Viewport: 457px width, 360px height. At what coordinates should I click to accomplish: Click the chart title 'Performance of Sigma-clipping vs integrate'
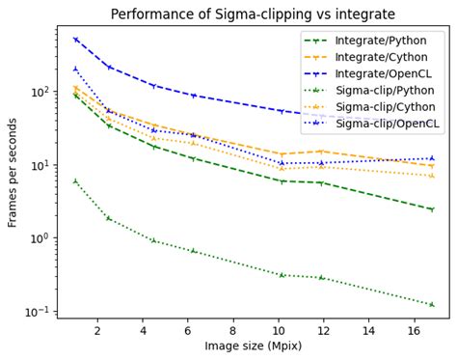(x=254, y=14)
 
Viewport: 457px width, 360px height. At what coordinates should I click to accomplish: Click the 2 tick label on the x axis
(x=97, y=329)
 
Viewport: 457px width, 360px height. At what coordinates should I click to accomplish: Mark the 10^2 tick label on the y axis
(x=39, y=92)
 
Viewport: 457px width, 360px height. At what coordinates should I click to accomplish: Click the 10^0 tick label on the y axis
(x=39, y=238)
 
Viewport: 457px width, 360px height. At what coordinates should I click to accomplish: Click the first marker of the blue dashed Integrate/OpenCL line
(x=75, y=40)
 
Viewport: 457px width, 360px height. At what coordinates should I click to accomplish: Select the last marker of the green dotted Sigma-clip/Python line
(x=431, y=305)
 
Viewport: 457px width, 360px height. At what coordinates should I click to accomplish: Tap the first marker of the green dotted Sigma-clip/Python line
(x=75, y=181)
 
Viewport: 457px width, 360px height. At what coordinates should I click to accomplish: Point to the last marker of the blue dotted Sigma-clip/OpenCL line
(x=431, y=158)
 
